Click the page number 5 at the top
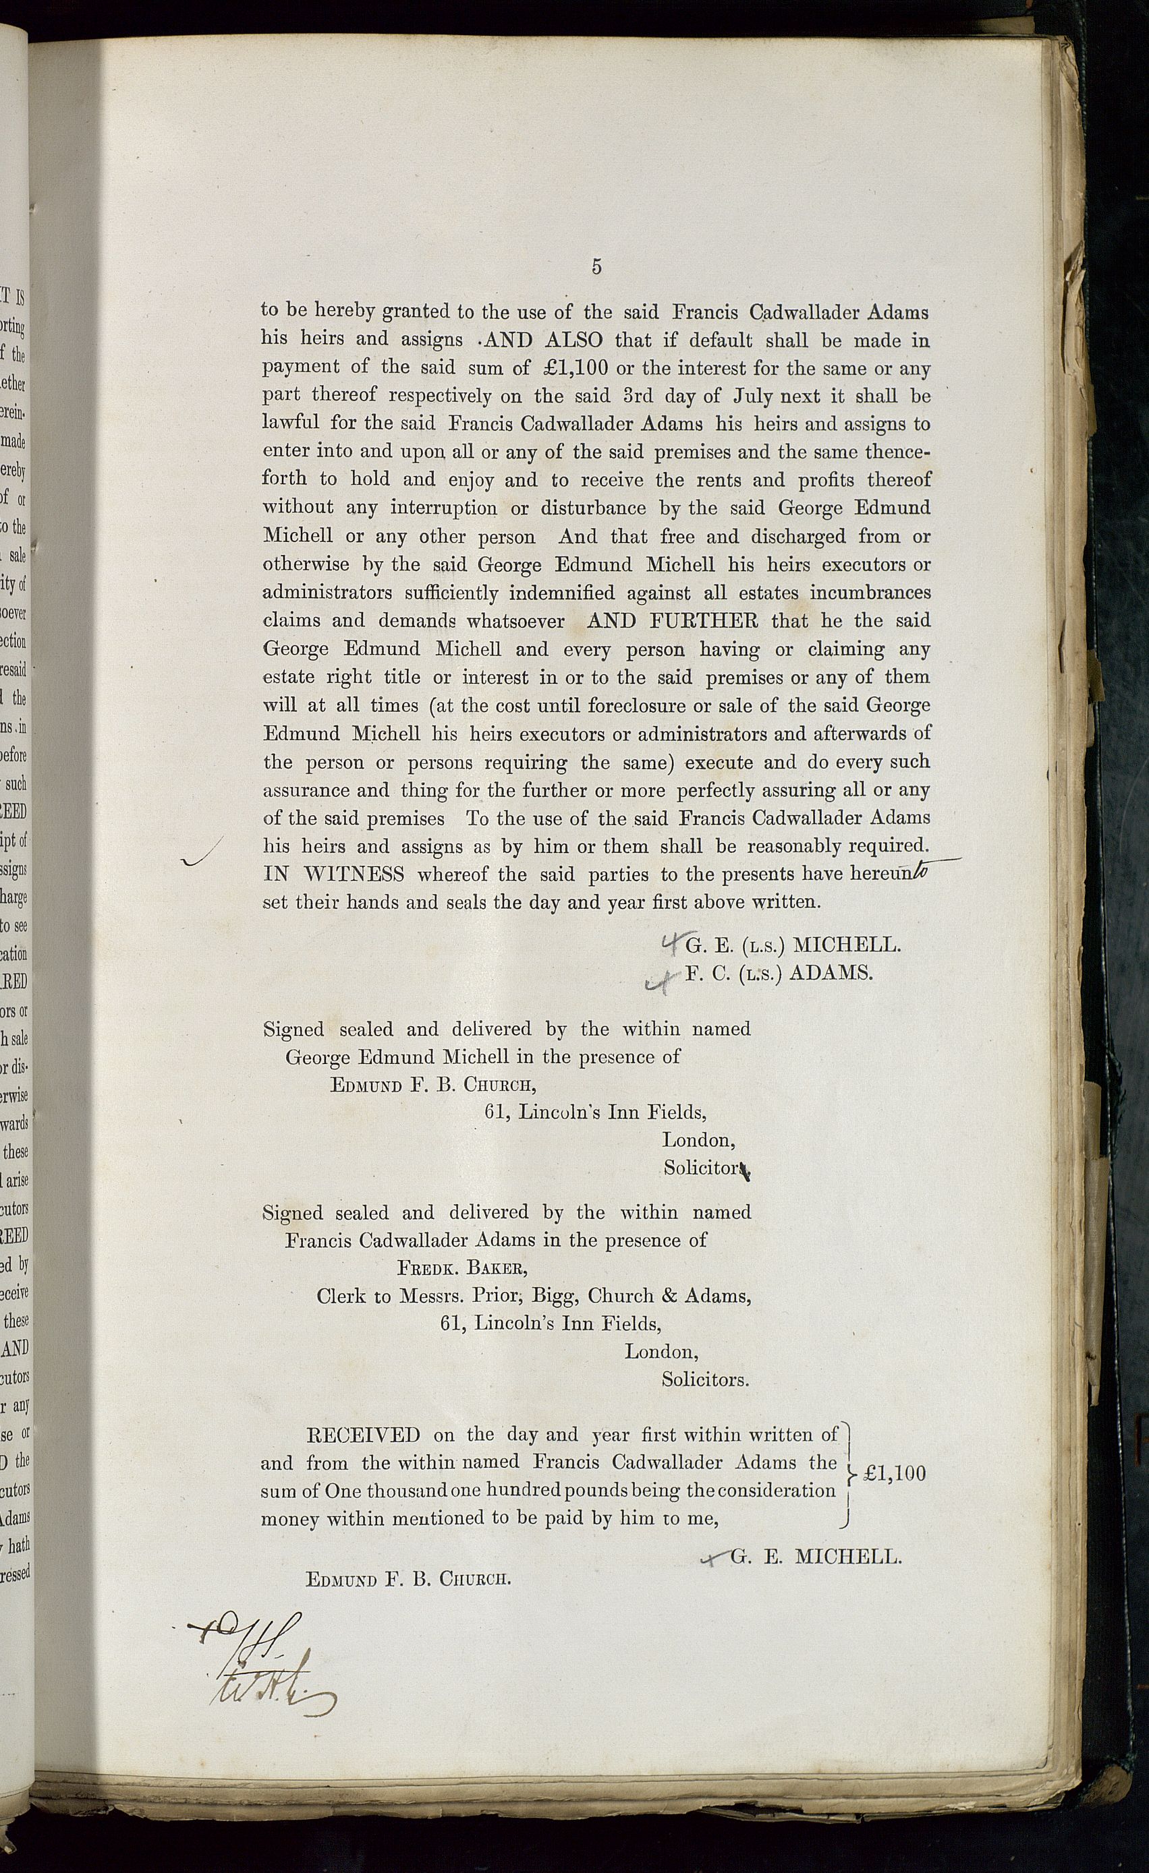[596, 267]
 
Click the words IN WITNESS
[334, 874]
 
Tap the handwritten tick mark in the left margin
[202, 853]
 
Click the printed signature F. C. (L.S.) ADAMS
[779, 973]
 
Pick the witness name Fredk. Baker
[461, 1268]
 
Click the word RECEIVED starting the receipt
[363, 1435]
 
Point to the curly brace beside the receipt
[848, 1475]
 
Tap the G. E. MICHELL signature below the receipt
[815, 1557]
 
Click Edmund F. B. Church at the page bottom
[408, 1580]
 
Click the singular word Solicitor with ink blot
[702, 1168]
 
